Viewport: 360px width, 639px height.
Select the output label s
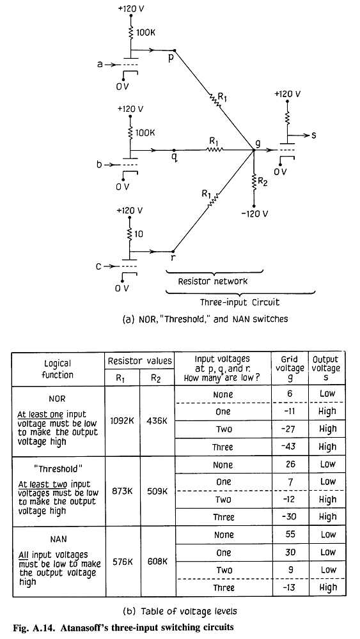313,135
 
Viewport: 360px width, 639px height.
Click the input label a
100,64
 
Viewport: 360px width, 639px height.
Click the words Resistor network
213,281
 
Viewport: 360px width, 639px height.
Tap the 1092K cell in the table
122,421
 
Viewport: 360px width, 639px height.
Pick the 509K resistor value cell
157,491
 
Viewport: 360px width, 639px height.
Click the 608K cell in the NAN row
157,561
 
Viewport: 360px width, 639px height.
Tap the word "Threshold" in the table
58,469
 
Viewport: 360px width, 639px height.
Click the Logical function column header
58,369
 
